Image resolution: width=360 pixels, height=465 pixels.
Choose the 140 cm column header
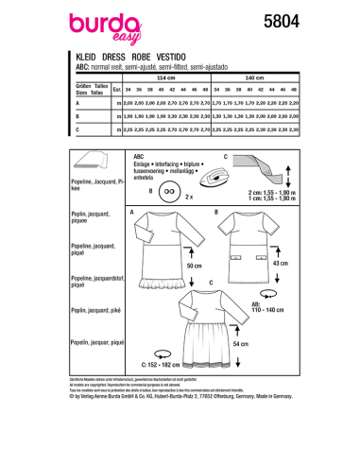click(x=280, y=77)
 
